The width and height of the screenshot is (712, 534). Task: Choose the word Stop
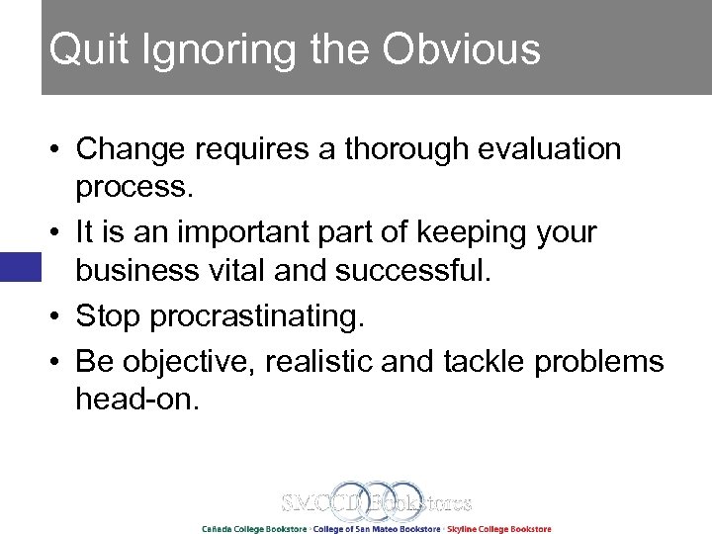tap(109, 316)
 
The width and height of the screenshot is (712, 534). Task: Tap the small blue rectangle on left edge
tap(20, 267)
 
